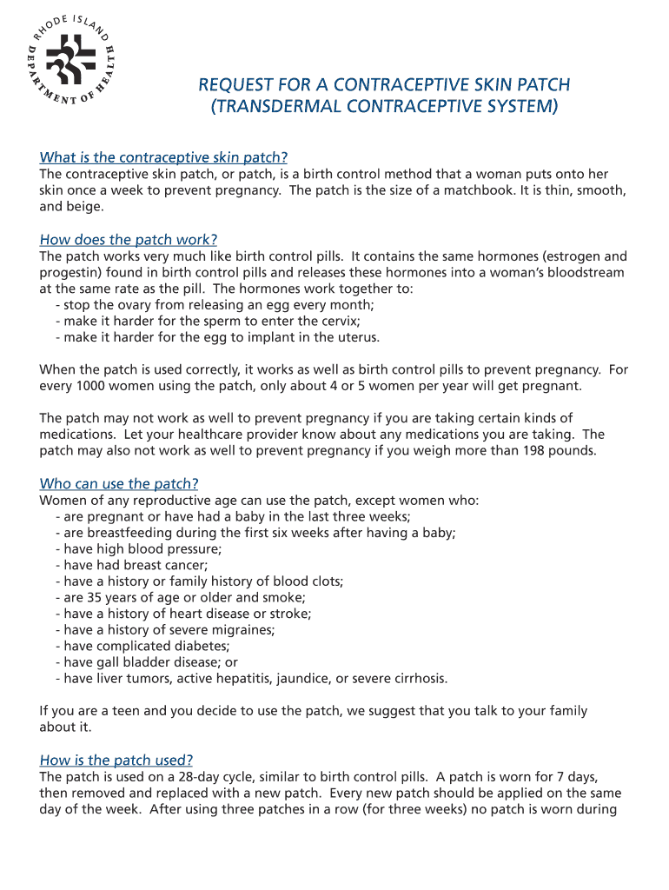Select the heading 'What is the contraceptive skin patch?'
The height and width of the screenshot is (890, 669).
click(x=163, y=157)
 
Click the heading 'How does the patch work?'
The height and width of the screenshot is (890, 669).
click(x=129, y=239)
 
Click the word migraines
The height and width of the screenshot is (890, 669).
click(x=242, y=630)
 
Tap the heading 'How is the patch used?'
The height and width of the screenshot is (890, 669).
click(x=116, y=760)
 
